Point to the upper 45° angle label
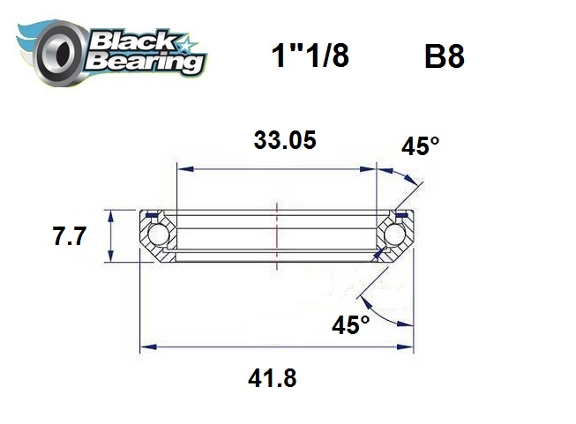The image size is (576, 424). pos(420,146)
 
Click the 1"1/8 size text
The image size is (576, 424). pos(309,56)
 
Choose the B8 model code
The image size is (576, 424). pos(444,57)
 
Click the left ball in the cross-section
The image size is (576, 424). pos(158,235)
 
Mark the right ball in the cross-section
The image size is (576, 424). pos(395,235)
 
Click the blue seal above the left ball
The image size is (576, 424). pos(152,214)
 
